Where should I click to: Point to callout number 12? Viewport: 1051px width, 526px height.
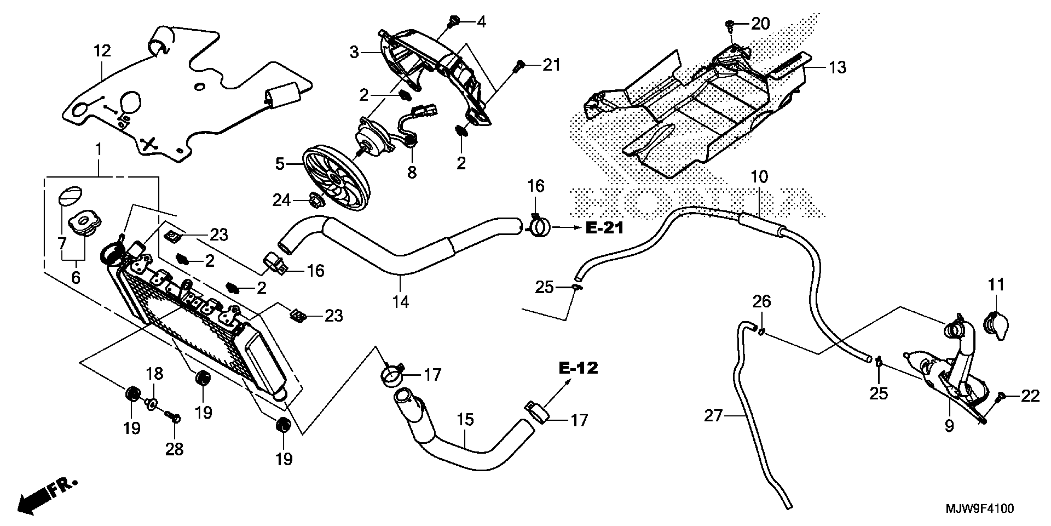pyautogui.click(x=102, y=51)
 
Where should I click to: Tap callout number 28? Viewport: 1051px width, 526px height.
pyautogui.click(x=174, y=450)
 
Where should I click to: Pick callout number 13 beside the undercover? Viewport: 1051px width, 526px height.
pyautogui.click(x=838, y=67)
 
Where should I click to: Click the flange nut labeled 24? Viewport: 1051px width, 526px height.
pyautogui.click(x=316, y=200)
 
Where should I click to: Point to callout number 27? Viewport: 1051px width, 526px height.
pyautogui.click(x=713, y=416)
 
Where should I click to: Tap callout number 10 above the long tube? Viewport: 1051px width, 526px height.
pyautogui.click(x=759, y=177)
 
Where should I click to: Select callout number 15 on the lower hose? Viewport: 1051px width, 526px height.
pyautogui.click(x=465, y=420)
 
